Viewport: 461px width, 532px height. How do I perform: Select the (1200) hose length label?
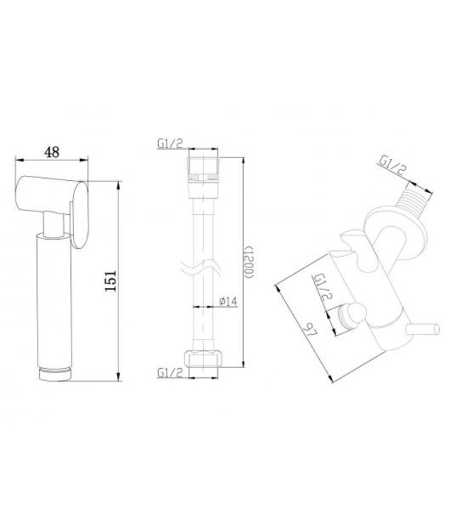[249, 263]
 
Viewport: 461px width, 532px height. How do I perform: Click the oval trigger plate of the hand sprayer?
[79, 212]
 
